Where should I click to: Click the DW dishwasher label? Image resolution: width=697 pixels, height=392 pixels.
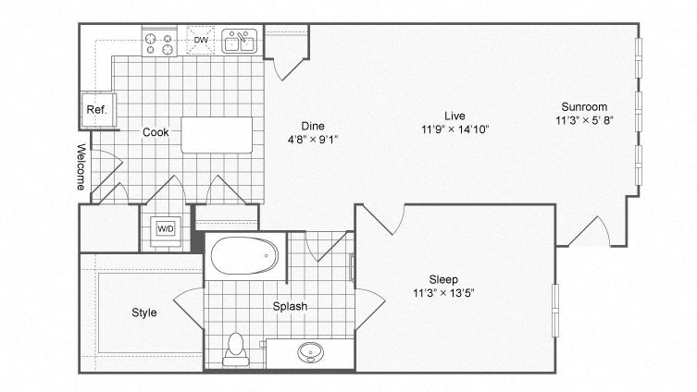tap(201, 40)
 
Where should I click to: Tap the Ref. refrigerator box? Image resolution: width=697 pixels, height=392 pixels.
tap(96, 109)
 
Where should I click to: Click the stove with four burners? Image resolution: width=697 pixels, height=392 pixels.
tap(159, 43)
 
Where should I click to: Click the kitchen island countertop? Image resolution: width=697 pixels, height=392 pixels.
tap(217, 134)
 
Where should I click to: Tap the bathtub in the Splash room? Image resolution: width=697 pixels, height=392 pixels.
tap(243, 256)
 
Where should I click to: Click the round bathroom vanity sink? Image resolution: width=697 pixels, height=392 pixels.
tap(309, 352)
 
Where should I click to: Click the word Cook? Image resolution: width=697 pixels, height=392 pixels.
tap(156, 132)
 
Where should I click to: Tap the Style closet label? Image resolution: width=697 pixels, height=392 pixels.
tap(143, 312)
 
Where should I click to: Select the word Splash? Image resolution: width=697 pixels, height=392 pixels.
tap(290, 306)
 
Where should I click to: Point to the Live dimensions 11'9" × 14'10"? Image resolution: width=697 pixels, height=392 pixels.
tap(454, 129)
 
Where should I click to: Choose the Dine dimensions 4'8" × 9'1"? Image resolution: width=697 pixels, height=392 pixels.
tap(312, 141)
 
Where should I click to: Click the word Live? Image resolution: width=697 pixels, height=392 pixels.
tap(454, 115)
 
